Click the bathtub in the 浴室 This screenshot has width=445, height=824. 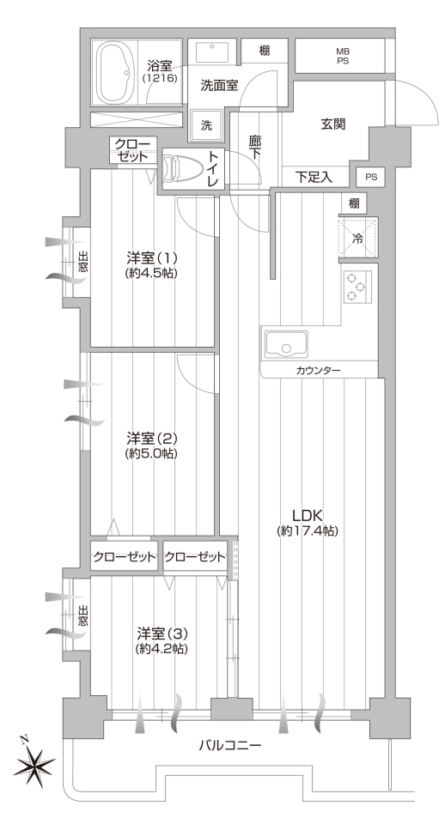click(x=114, y=73)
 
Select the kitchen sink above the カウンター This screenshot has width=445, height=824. click(x=286, y=344)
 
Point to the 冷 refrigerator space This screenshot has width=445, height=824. click(x=357, y=238)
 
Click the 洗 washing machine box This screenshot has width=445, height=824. click(x=207, y=125)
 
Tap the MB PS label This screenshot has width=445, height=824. click(x=343, y=56)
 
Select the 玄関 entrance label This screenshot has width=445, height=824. click(x=333, y=124)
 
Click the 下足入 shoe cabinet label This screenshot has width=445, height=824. click(x=314, y=177)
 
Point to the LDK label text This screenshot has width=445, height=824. click(x=308, y=514)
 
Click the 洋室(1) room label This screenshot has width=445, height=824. click(x=151, y=258)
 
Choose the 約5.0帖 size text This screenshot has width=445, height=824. click(x=151, y=453)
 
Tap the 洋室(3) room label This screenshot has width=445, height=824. click(x=162, y=633)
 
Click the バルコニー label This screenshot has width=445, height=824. click(x=230, y=745)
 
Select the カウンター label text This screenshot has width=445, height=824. click(x=318, y=371)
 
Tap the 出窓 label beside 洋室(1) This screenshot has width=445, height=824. click(x=83, y=263)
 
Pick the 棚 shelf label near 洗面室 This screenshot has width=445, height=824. click(x=265, y=51)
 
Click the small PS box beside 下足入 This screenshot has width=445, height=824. click(x=371, y=177)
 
